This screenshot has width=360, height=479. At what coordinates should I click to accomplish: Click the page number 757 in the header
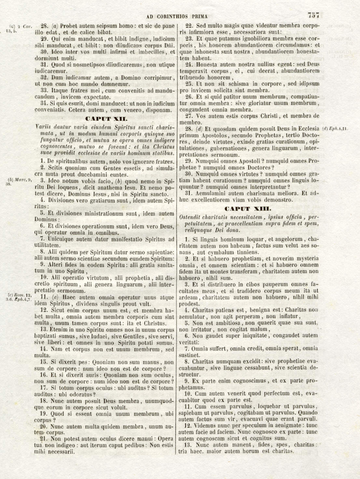coord(313,15)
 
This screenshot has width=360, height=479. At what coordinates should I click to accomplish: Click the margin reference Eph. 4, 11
coord(334,129)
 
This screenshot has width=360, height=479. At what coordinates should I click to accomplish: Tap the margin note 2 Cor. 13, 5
coord(20,29)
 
